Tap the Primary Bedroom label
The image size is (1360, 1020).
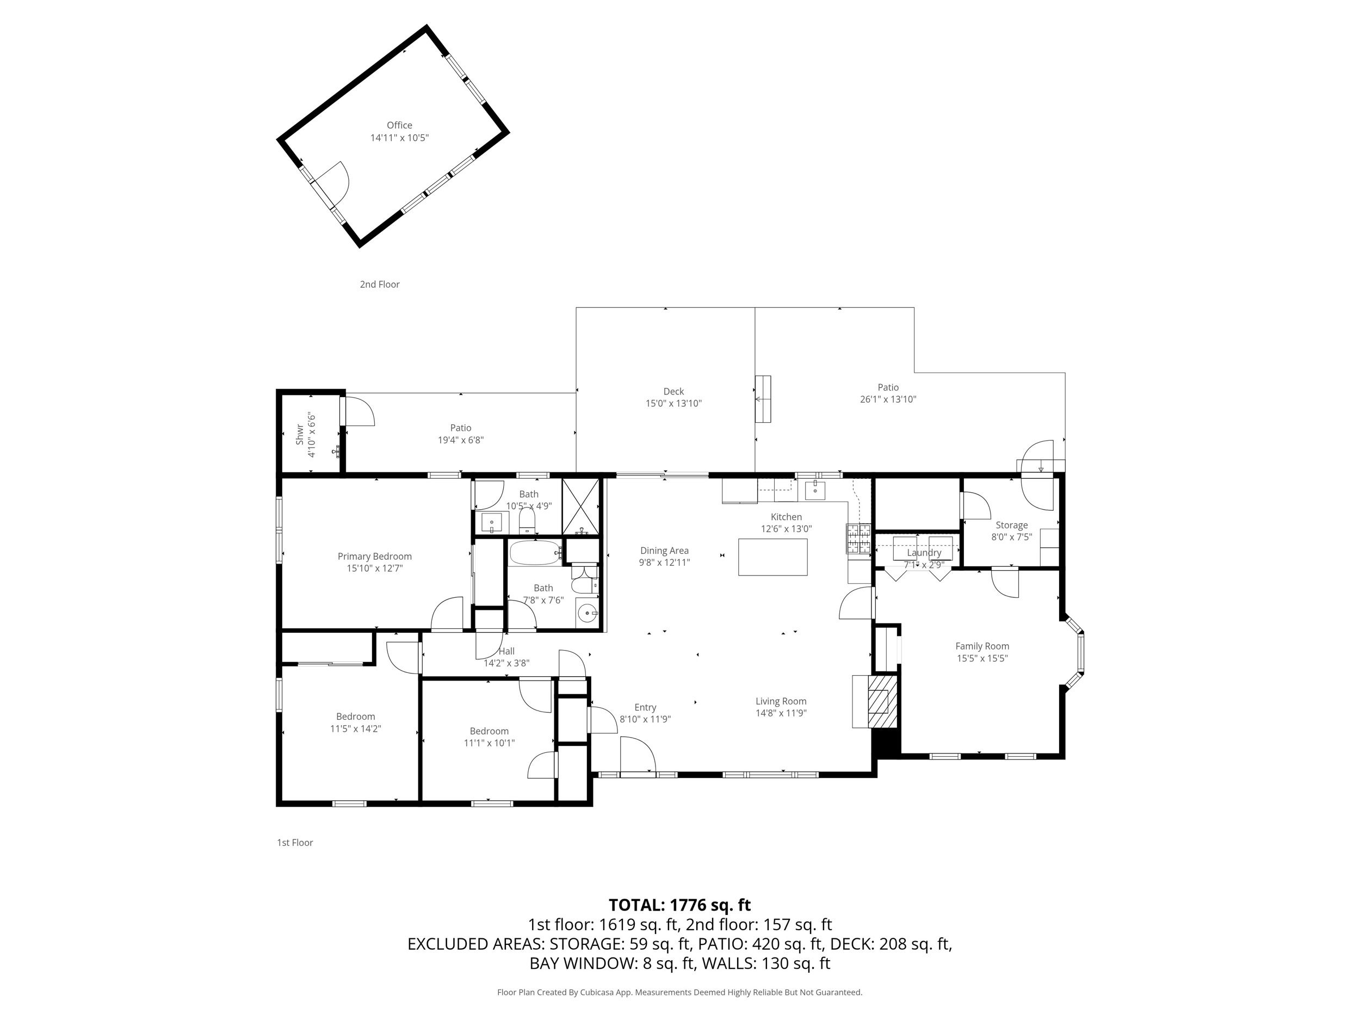click(x=374, y=557)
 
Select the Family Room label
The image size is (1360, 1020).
click(x=982, y=646)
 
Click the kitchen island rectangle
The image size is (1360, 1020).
click(x=772, y=557)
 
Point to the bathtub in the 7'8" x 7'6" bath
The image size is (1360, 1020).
click(x=535, y=553)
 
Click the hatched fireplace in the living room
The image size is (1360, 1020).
click(x=883, y=702)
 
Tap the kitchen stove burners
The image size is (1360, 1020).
click(x=859, y=539)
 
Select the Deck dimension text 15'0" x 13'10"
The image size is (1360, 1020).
click(x=673, y=403)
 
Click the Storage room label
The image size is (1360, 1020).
click(x=1011, y=525)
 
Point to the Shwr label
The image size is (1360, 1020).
click(x=299, y=435)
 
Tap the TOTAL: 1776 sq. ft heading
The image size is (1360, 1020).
click(x=679, y=905)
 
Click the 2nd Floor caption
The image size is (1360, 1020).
click(x=379, y=284)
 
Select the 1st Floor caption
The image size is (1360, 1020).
click(x=294, y=842)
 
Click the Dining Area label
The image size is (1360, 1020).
click(x=664, y=551)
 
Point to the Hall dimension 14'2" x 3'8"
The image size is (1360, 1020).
click(x=506, y=663)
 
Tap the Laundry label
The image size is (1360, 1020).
click(x=924, y=553)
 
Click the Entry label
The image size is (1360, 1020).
click(x=645, y=708)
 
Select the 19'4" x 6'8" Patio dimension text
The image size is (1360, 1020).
click(x=461, y=440)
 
